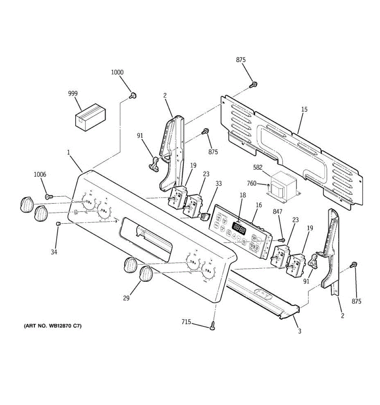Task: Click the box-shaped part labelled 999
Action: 90,116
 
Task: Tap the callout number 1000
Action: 117,72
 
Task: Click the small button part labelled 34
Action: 58,223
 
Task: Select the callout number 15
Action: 304,109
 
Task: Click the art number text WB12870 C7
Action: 52,326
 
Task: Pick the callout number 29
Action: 126,298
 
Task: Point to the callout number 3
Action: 299,331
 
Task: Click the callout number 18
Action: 243,195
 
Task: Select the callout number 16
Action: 258,205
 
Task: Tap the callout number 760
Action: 252,184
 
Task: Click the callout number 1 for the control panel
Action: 68,153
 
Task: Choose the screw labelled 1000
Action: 133,96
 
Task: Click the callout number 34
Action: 54,252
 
